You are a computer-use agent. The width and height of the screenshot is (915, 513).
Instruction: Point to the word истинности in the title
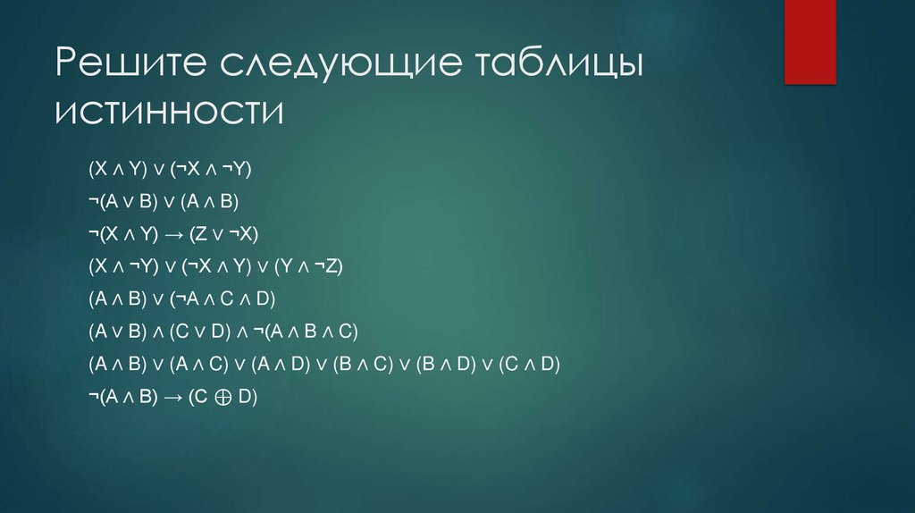pyautogui.click(x=169, y=114)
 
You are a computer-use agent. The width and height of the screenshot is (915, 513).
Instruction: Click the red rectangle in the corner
pyautogui.click(x=810, y=41)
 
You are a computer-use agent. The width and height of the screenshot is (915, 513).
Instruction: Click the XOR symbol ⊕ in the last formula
pyautogui.click(x=222, y=397)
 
